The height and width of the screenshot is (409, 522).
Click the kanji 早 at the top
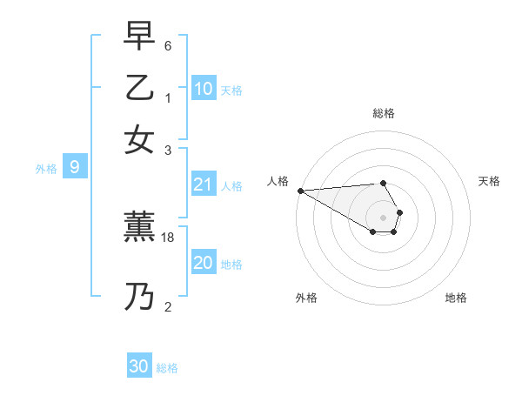coord(140,37)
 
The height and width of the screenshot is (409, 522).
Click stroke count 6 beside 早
coord(168,45)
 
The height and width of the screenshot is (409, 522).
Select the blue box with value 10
coord(204,89)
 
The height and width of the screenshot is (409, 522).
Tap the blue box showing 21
coord(203,184)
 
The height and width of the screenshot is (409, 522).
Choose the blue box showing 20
coord(203,263)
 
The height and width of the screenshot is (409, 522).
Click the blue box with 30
coord(139,366)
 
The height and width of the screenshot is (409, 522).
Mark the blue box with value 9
coord(74,167)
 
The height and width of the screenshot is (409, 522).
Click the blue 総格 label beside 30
coord(167,368)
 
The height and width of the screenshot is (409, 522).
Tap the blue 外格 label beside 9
coord(45,169)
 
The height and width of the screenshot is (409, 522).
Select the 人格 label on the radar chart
coord(278,181)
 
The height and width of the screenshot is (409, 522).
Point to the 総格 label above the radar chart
coord(383,113)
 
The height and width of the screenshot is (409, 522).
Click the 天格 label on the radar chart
coord(489,181)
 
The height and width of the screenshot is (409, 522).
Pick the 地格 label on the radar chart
coord(456,298)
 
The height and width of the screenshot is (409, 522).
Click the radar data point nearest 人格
coord(300,191)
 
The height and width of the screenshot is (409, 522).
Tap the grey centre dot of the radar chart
coord(383,218)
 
